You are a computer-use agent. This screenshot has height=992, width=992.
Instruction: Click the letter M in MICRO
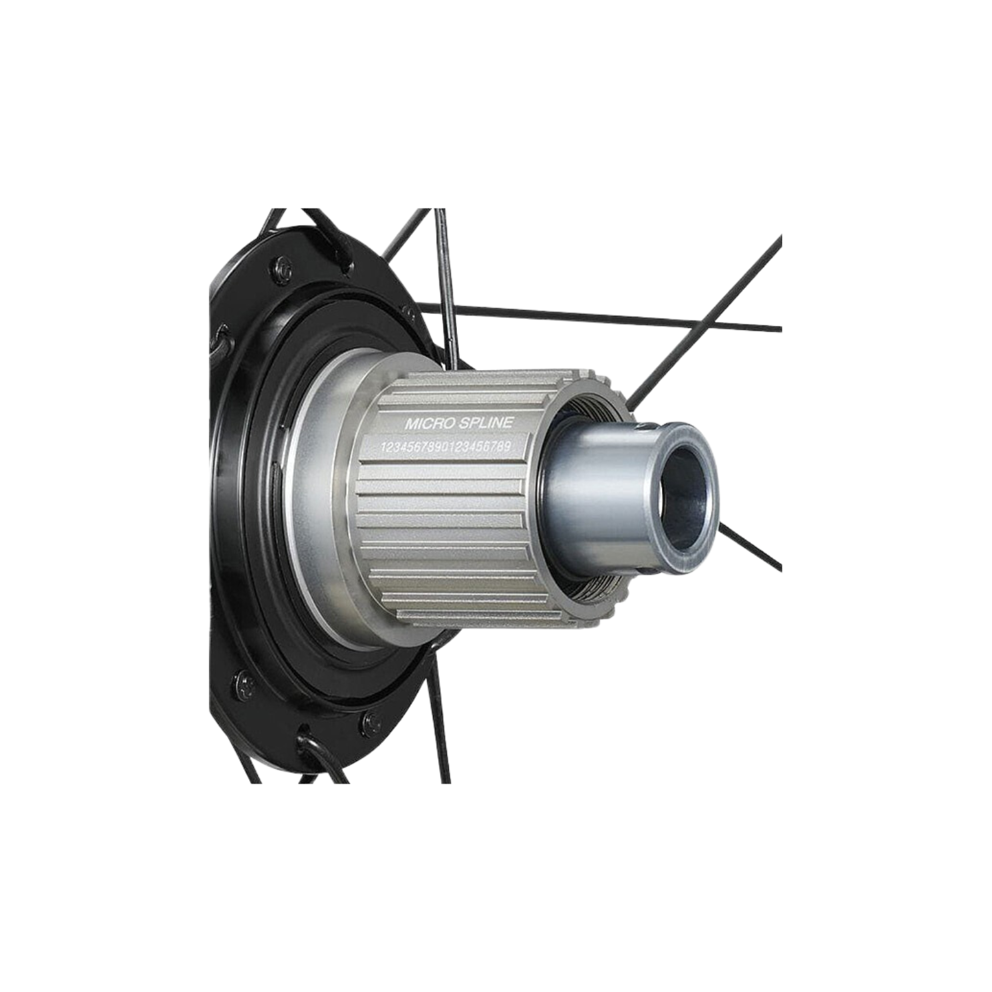tap(409, 424)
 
